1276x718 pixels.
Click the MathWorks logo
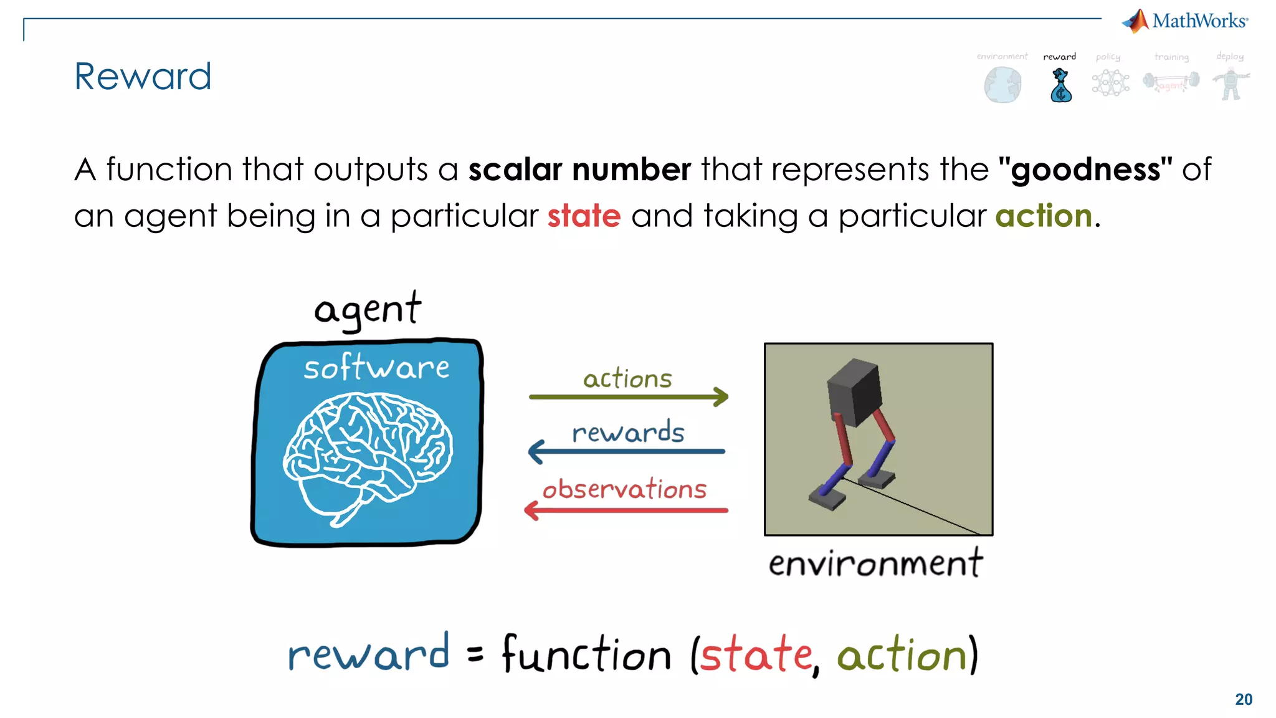pyautogui.click(x=1185, y=21)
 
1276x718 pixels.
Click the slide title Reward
pyautogui.click(x=143, y=77)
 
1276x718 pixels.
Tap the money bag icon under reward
pyautogui.click(x=1060, y=86)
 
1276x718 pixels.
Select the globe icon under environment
pyautogui.click(x=1002, y=85)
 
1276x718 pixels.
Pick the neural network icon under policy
pyautogui.click(x=1110, y=83)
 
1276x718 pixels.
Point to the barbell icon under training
pyautogui.click(x=1171, y=82)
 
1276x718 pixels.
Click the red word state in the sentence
pyautogui.click(x=584, y=216)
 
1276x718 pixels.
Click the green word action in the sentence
pyautogui.click(x=1044, y=216)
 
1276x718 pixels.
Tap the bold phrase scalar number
pyautogui.click(x=579, y=170)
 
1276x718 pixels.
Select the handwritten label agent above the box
pyautogui.click(x=368, y=310)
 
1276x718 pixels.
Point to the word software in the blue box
pyautogui.click(x=376, y=368)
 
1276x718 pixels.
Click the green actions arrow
pyautogui.click(x=628, y=396)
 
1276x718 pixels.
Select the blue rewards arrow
pyautogui.click(x=627, y=451)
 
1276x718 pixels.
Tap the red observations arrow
pyautogui.click(x=626, y=510)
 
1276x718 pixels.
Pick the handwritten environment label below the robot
pyautogui.click(x=875, y=563)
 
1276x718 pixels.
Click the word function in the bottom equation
pyautogui.click(x=586, y=654)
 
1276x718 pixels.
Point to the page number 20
pyautogui.click(x=1244, y=699)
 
